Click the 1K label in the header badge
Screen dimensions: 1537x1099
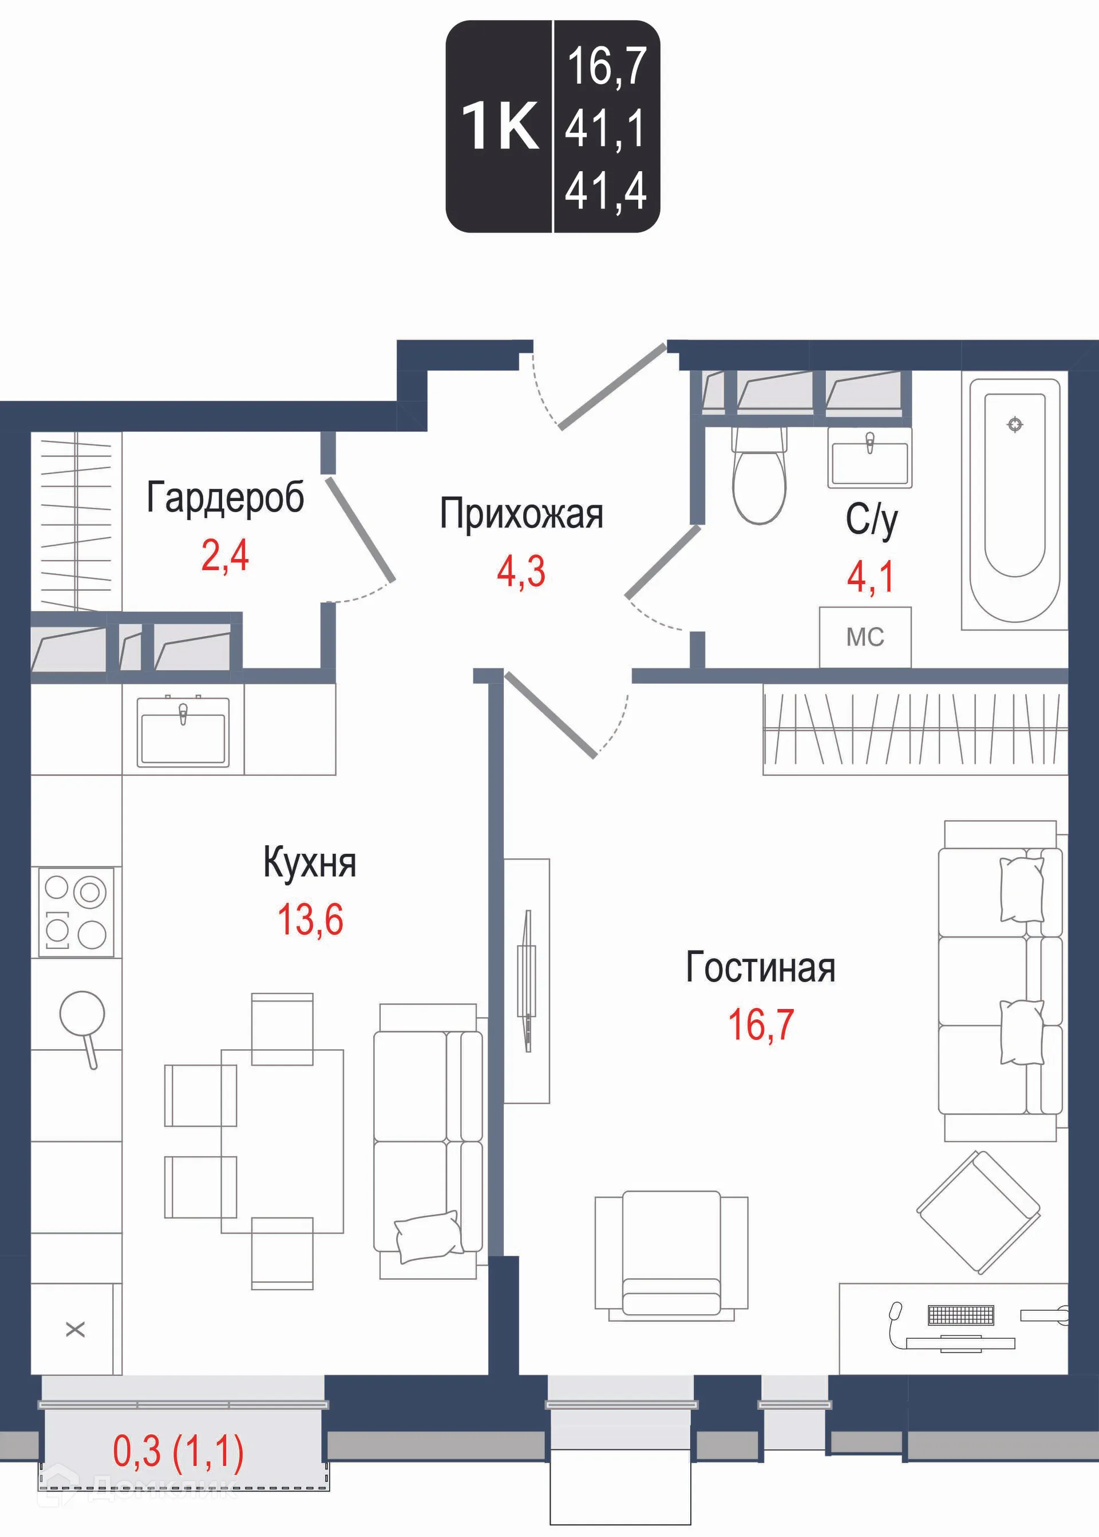(500, 127)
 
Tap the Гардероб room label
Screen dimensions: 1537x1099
(226, 498)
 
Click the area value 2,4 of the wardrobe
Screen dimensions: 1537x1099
(225, 555)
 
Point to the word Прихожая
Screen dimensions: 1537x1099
(521, 514)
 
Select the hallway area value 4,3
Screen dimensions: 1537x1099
(520, 572)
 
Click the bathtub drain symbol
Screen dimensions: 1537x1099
(1014, 424)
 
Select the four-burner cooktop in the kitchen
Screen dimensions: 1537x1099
(76, 912)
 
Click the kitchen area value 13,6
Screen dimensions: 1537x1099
(310, 920)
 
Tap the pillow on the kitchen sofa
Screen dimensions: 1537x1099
(428, 1236)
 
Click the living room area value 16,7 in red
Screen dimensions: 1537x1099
(760, 1024)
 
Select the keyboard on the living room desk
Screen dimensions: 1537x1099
(961, 1315)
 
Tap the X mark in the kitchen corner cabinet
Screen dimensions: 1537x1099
(75, 1330)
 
